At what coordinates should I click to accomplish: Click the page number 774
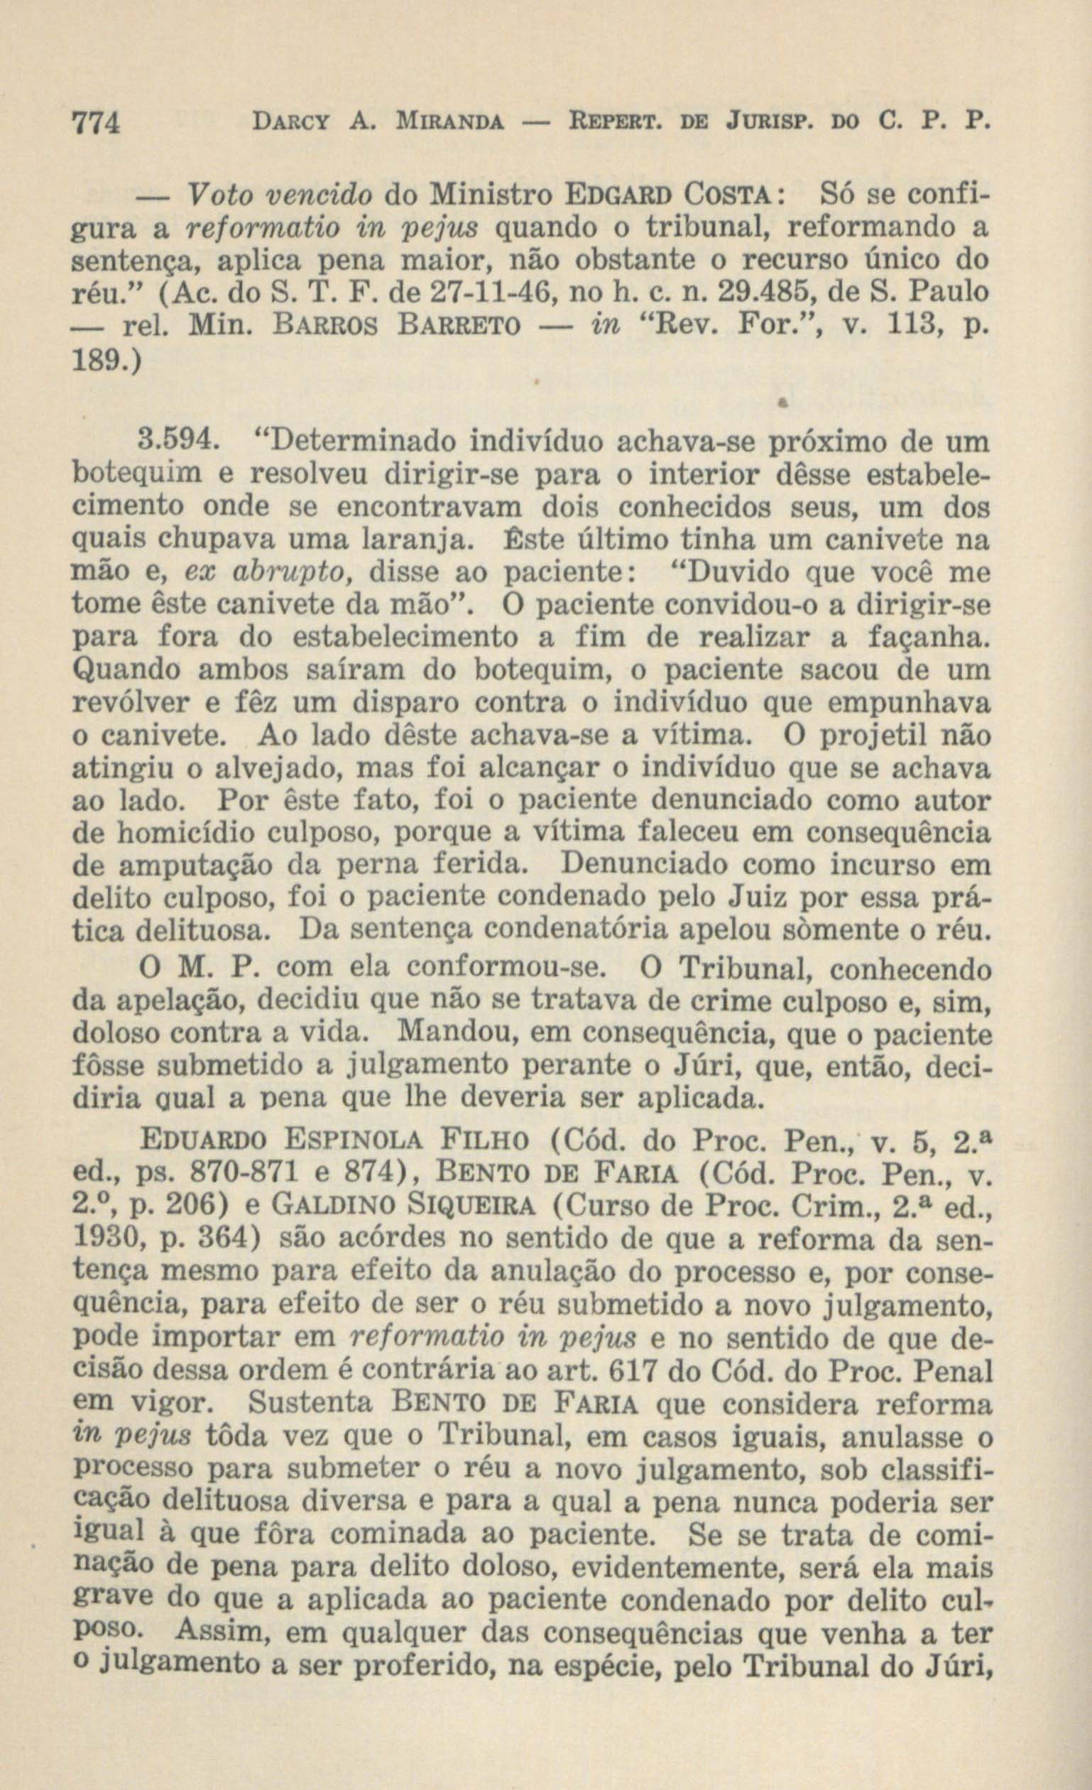[97, 121]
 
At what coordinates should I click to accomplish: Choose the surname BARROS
[308, 324]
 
